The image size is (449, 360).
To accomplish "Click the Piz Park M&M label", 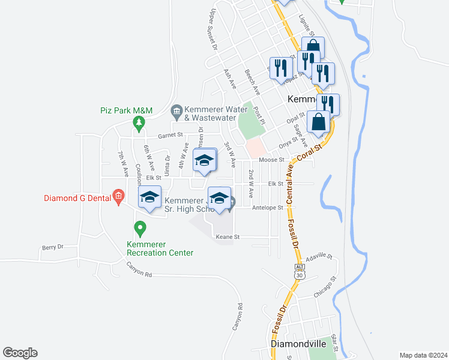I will pyautogui.click(x=126, y=110).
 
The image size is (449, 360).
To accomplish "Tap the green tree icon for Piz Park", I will pyautogui.click(x=139, y=122).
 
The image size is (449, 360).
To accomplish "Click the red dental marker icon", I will pyautogui.click(x=119, y=196).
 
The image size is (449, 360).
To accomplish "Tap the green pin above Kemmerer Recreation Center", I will pyautogui.click(x=140, y=228).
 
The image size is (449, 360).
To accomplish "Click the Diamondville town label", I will pyautogui.click(x=298, y=344).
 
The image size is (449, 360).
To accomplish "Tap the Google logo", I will pyautogui.click(x=20, y=353).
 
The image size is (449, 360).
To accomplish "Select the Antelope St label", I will pyautogui.click(x=268, y=208).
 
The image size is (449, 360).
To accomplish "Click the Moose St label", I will pyautogui.click(x=271, y=160).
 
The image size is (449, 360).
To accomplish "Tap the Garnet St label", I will pyautogui.click(x=170, y=136).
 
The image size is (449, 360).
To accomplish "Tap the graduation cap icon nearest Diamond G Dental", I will pyautogui.click(x=149, y=197).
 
